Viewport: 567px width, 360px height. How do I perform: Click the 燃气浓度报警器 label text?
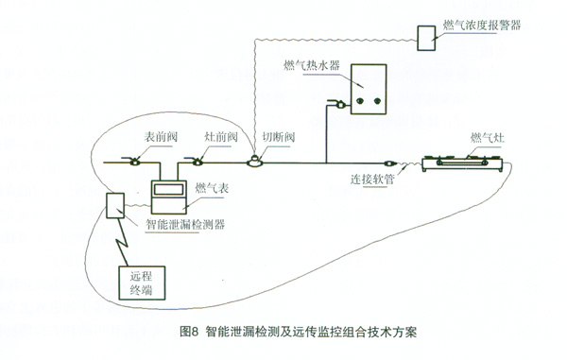(482, 25)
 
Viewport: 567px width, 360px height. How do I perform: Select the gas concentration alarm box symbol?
(426, 38)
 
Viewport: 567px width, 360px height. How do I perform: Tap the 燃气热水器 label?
(312, 65)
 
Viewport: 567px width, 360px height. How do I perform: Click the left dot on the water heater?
(360, 101)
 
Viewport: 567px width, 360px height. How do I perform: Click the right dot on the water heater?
(377, 101)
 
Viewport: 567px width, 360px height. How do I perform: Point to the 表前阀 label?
(161, 137)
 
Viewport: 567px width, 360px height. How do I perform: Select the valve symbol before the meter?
(134, 162)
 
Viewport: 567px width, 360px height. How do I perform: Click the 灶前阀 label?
(221, 137)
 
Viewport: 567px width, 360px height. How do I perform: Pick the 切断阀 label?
(279, 137)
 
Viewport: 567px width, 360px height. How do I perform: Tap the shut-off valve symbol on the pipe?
(255, 162)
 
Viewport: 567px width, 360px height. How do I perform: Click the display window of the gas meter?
(168, 189)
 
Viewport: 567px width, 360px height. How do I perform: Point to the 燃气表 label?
(212, 188)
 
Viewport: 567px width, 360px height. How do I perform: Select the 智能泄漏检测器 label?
(185, 225)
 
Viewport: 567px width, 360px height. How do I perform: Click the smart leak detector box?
(115, 206)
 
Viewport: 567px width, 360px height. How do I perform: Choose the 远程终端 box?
(142, 283)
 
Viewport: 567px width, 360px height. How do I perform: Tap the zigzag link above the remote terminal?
(122, 242)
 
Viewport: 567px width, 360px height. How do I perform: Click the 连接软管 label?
(372, 179)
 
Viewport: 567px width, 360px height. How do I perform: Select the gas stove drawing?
(462, 163)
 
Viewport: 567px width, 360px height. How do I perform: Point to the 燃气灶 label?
(487, 138)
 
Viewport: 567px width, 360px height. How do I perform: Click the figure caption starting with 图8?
(298, 332)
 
